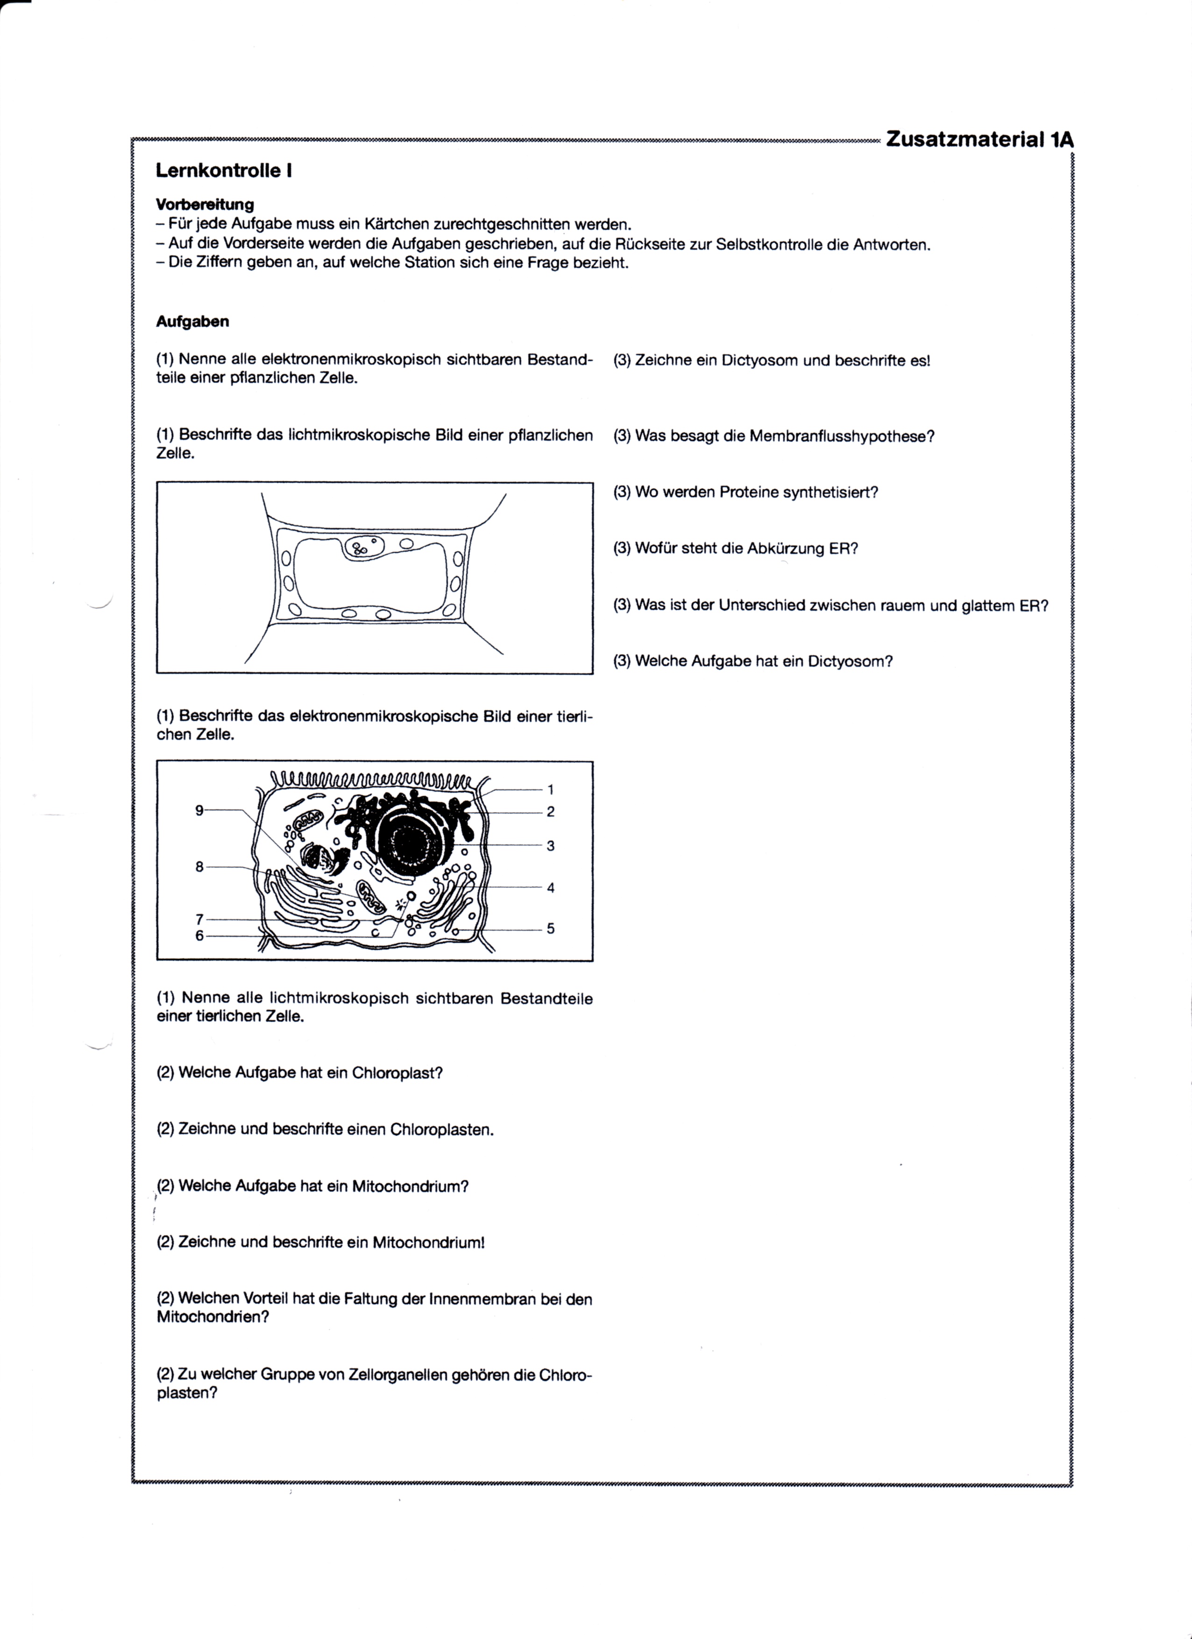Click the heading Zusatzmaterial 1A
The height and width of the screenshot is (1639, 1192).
tap(979, 140)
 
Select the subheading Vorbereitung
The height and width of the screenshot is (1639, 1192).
tap(205, 205)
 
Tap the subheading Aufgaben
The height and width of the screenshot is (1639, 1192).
tap(192, 321)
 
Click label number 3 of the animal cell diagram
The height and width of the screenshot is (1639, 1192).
tap(551, 846)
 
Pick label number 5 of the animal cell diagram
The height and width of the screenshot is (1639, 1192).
tap(551, 929)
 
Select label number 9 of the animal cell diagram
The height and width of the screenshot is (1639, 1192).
tap(199, 811)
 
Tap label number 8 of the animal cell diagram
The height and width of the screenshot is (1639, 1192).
tap(199, 867)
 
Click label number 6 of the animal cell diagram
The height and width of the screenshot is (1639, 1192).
tap(199, 936)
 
